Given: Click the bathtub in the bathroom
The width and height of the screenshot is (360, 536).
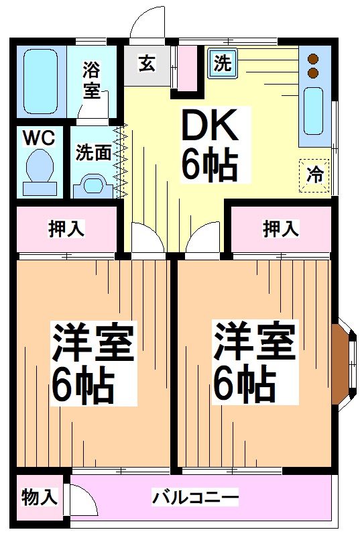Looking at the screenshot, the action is click(40, 81).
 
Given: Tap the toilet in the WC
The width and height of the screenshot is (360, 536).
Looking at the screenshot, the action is click(40, 173).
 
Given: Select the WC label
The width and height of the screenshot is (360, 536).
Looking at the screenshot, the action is click(39, 138).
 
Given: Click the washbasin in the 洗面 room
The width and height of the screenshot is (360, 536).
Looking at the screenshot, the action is click(93, 186).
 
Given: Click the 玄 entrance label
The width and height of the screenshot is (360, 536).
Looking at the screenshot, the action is click(147, 64).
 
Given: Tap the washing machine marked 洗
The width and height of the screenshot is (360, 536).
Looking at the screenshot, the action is click(223, 63).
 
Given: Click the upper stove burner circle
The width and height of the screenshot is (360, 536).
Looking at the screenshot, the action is click(313, 59).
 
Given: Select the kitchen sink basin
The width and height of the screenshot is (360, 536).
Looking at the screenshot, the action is click(314, 111).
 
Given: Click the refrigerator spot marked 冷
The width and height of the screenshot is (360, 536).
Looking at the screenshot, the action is click(314, 176).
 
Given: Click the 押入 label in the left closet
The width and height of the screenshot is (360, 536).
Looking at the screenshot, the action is click(66, 229).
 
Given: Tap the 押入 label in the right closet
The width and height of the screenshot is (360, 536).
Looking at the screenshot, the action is click(281, 229).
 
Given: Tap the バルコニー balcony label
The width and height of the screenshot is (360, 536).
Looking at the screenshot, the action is click(195, 498).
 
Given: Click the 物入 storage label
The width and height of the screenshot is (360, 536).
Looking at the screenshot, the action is click(40, 497).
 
